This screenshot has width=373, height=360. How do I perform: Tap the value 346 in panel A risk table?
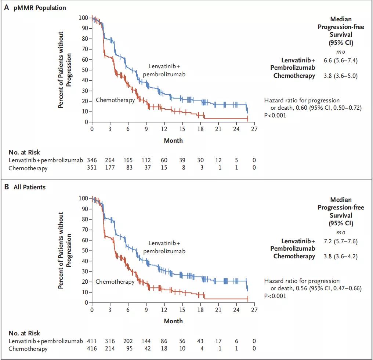(92, 160)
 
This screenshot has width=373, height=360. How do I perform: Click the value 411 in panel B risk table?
(92, 341)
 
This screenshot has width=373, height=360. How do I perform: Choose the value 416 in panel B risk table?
(92, 349)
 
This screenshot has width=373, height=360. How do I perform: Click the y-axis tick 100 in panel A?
(84, 18)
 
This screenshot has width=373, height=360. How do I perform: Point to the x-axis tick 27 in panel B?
(254, 310)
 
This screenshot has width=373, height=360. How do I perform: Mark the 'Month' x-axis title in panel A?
(173, 140)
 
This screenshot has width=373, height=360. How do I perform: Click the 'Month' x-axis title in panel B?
(173, 321)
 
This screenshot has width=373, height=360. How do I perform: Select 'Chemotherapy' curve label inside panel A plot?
(115, 100)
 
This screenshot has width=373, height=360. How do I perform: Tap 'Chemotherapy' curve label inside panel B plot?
(115, 282)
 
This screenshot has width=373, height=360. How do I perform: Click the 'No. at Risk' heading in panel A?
(25, 152)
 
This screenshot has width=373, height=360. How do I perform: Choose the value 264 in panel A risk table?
(110, 160)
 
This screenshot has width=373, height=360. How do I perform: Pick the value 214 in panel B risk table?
(110, 349)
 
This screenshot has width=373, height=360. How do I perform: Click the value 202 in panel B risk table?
(128, 341)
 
